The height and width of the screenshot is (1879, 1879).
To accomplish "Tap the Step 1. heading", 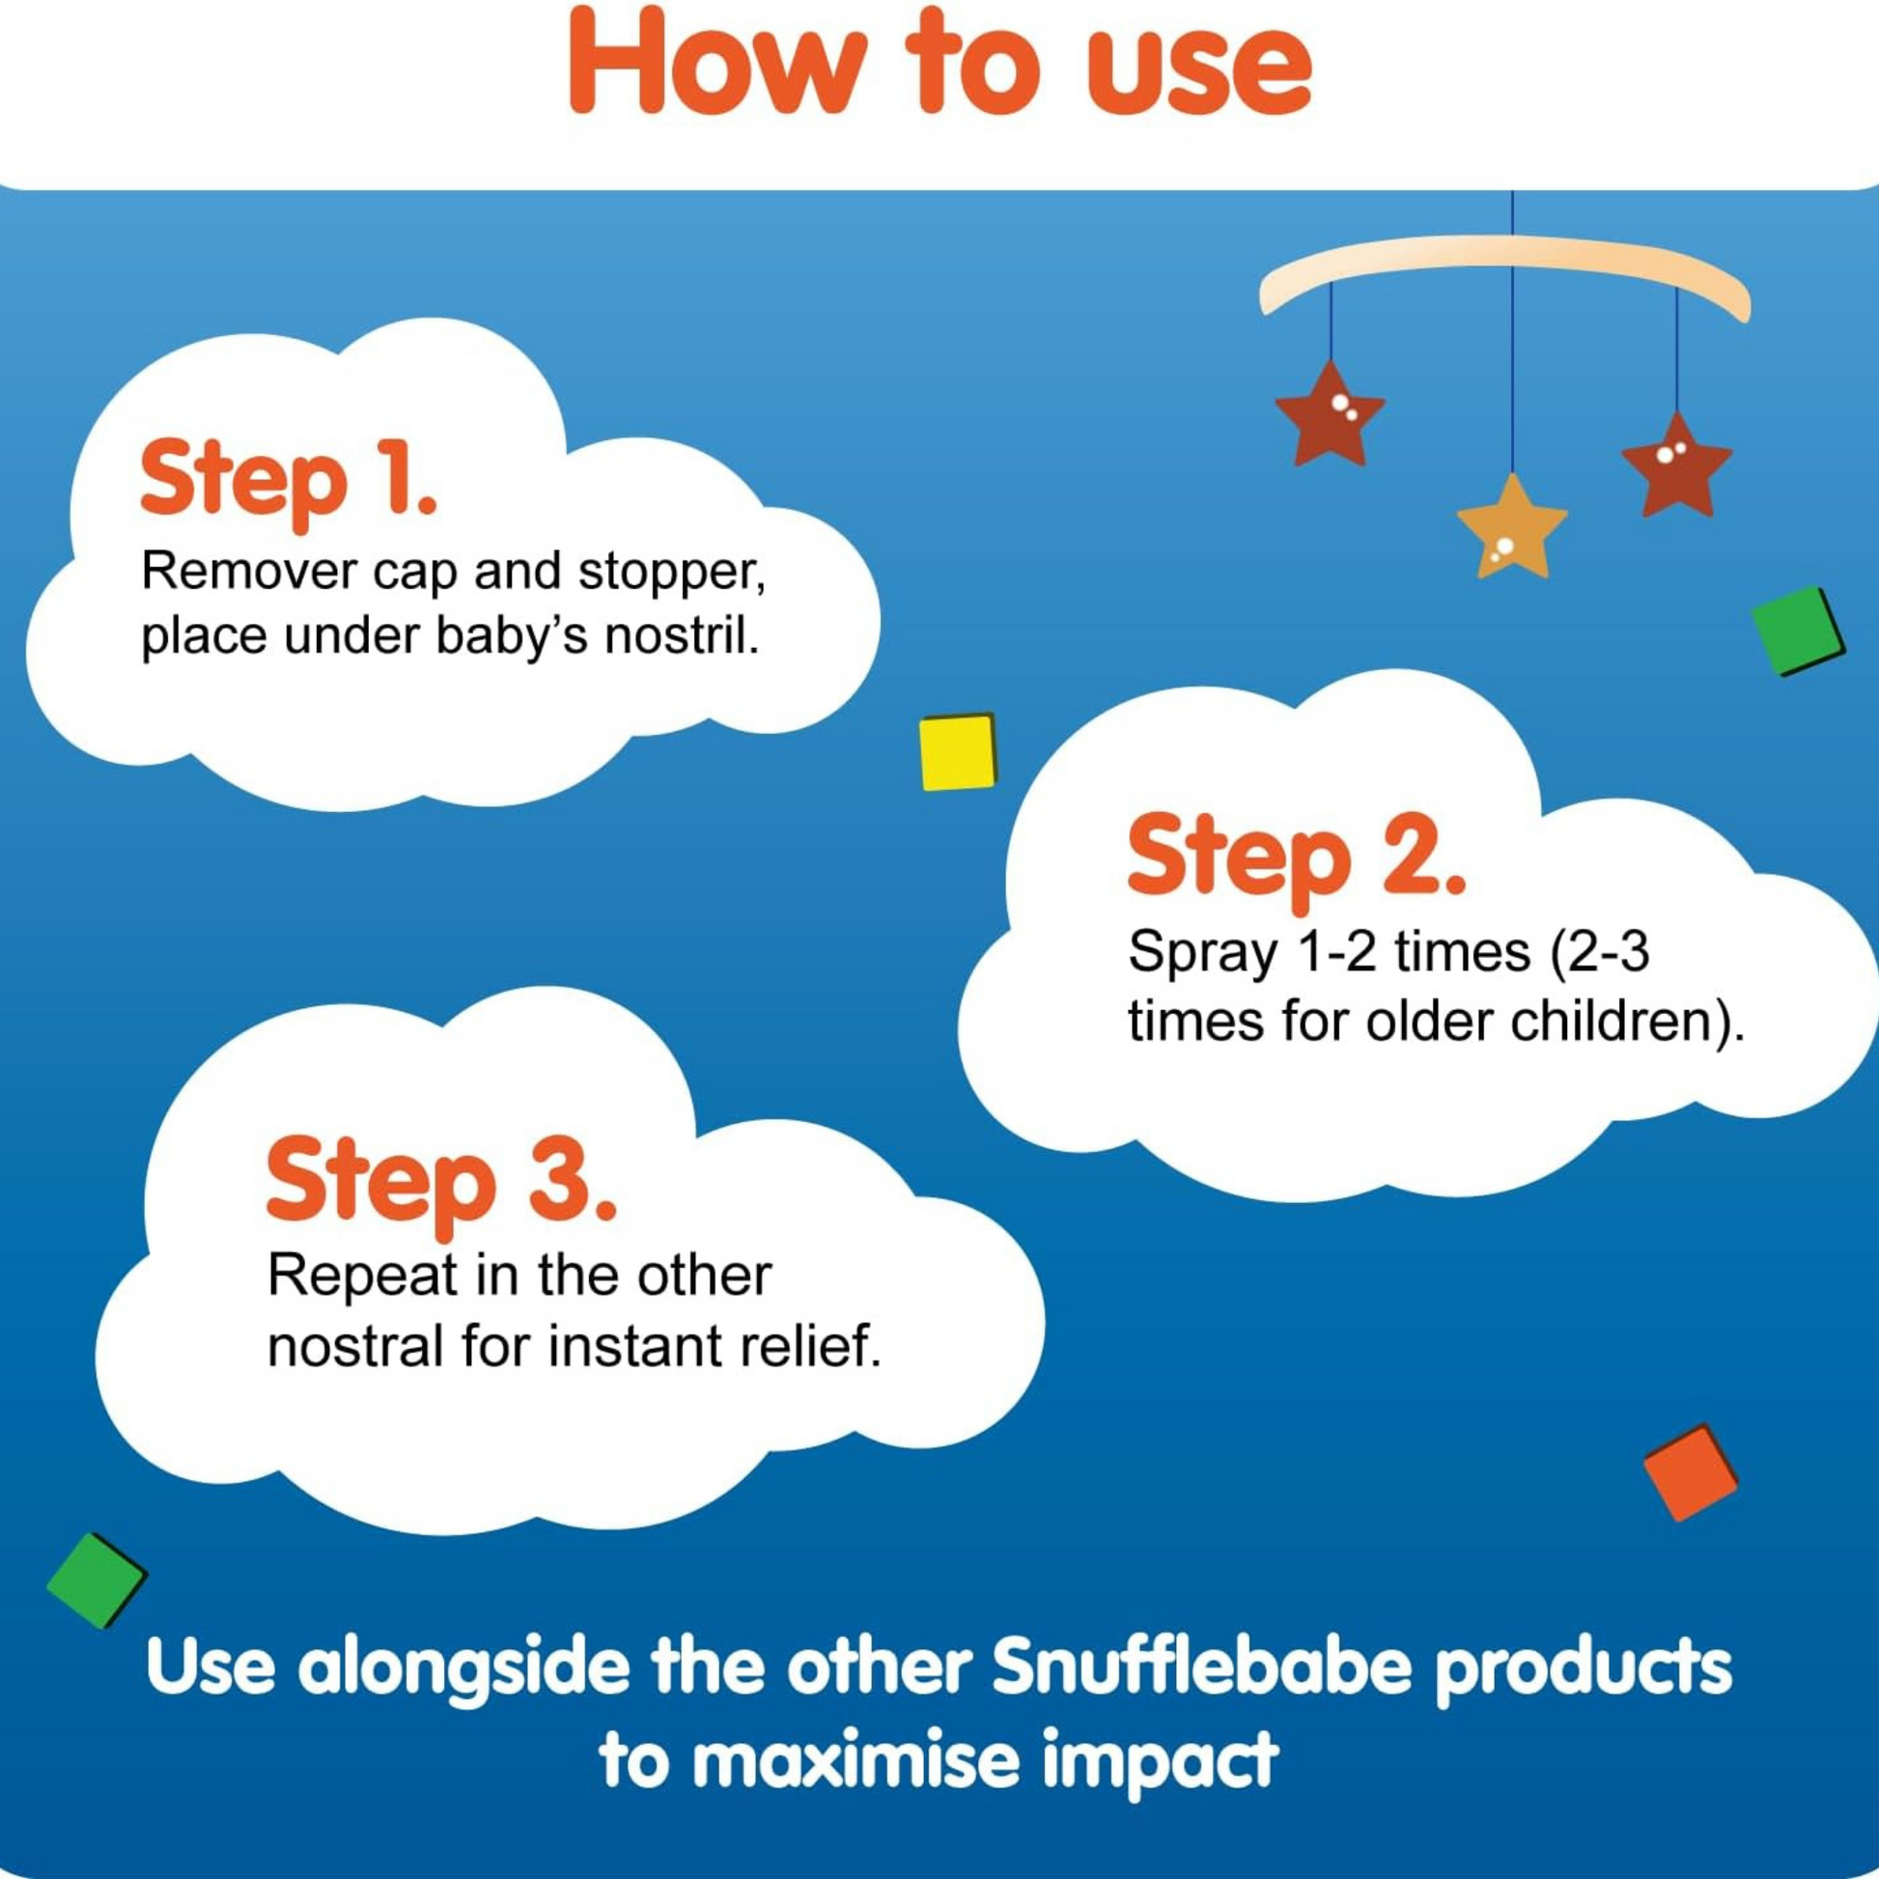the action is [x=289, y=481].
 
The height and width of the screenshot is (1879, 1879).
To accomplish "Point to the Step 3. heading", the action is [x=441, y=1182].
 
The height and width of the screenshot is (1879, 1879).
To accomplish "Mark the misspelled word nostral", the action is [x=357, y=1348].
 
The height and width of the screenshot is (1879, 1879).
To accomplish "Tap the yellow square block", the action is [x=958, y=752].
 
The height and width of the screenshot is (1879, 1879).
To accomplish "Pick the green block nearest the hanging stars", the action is [x=1796, y=631].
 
